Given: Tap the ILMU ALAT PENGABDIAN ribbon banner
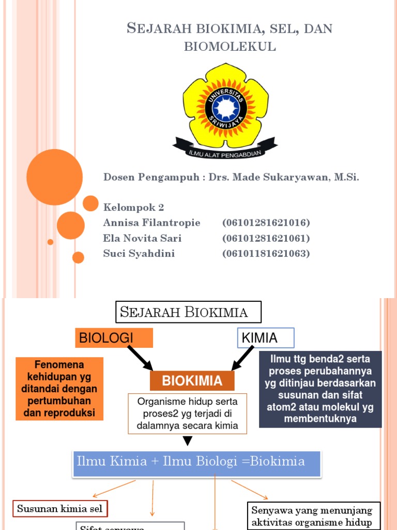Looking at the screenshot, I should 225,149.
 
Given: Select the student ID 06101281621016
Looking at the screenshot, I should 266,223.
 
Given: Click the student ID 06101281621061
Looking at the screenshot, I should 266,239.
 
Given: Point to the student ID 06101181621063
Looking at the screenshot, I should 266,254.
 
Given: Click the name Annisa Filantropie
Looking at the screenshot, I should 152,223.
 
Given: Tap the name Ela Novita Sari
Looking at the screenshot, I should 143,239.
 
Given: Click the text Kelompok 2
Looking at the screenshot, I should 134,208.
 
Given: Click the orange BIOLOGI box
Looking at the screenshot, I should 114,338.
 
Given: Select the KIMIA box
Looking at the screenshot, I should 266,338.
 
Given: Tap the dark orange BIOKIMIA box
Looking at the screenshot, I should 192,381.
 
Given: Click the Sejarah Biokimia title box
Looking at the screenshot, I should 188,312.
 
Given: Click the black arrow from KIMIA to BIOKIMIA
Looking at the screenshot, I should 243,358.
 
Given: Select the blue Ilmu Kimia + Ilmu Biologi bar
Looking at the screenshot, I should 196,462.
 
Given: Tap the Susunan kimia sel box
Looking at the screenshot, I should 60,509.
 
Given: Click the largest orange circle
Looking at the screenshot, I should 54,177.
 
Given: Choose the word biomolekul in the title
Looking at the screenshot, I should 230,47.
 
